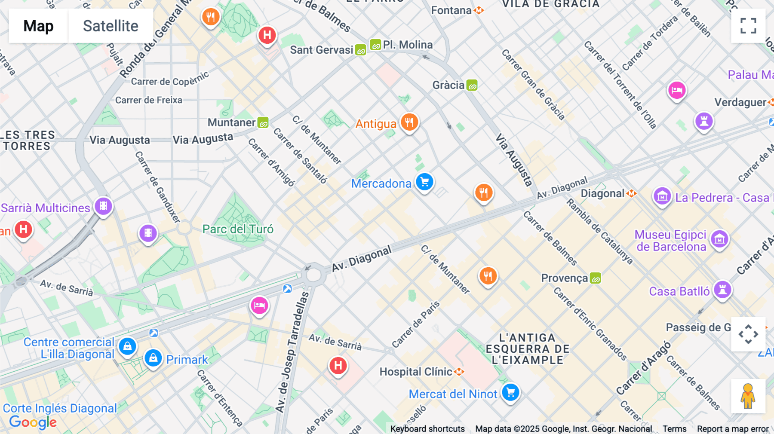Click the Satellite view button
(111, 26)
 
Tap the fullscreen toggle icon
(748, 26)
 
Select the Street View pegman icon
(748, 396)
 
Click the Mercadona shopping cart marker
(424, 182)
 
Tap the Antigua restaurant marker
(409, 122)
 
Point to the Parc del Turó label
(238, 229)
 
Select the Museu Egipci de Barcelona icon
(719, 239)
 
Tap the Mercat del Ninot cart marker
(510, 392)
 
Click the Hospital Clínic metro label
(416, 372)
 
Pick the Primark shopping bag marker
(153, 358)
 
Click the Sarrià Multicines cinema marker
(104, 206)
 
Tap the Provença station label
(564, 278)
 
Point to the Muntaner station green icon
(263, 123)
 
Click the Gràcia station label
(448, 85)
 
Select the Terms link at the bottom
(674, 428)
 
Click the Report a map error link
(733, 428)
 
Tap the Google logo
(33, 422)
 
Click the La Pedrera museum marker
(662, 196)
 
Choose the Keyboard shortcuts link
(427, 428)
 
